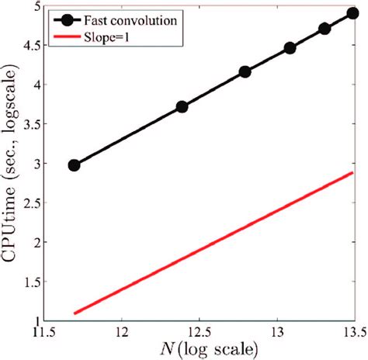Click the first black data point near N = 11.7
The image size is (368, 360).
[75, 165]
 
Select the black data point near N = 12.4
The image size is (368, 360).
[182, 106]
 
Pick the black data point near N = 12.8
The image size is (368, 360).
[245, 72]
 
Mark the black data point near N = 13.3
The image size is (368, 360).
[325, 29]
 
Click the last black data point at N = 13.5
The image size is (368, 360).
[352, 14]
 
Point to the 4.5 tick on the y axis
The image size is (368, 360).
[30, 46]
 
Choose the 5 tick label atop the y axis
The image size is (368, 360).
[36, 8]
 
